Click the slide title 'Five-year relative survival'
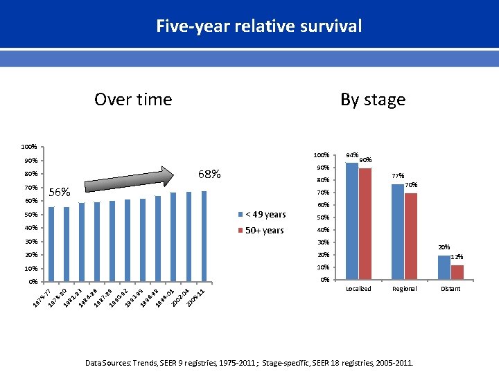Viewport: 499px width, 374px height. tap(259, 26)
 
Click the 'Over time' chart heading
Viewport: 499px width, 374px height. tap(132, 100)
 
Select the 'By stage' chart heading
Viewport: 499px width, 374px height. tap(373, 100)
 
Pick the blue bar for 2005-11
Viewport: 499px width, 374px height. tap(204, 236)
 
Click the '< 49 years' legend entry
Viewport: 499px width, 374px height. tap(265, 215)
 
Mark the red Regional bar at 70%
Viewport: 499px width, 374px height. tap(411, 235)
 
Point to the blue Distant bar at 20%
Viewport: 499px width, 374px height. tap(444, 267)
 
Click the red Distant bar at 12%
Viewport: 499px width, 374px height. tap(457, 272)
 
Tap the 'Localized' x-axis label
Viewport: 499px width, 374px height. tap(358, 289)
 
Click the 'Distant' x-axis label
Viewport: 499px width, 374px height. tap(450, 289)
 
